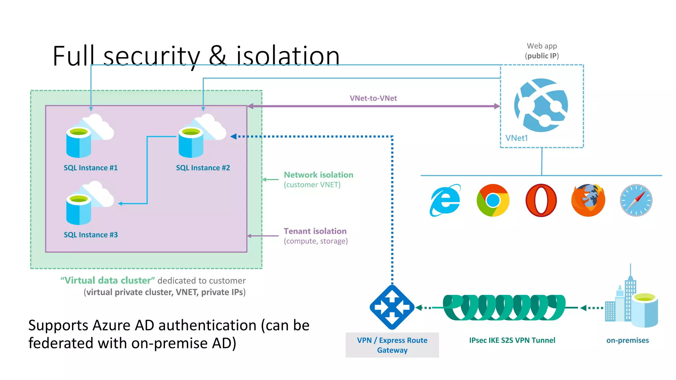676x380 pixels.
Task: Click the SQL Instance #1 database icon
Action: [90, 136]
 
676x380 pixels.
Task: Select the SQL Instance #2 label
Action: [203, 168]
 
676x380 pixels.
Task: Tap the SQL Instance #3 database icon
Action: [90, 203]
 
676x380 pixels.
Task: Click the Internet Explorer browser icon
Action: [445, 200]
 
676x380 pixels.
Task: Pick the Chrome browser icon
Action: [493, 200]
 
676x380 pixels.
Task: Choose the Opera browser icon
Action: [541, 200]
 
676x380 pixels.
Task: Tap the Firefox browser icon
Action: [588, 200]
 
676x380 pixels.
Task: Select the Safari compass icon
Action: [636, 200]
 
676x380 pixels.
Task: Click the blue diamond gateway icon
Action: [392, 307]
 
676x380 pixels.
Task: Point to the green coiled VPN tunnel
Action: [504, 307]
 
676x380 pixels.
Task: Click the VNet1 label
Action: [517, 138]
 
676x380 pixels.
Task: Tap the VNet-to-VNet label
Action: [373, 98]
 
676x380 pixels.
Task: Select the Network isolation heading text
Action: [319, 175]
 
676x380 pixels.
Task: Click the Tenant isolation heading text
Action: [315, 231]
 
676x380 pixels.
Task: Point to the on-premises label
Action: [627, 340]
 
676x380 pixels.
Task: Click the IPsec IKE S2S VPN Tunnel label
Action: [512, 340]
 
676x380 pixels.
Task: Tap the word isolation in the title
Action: [288, 56]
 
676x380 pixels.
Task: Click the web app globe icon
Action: [541, 105]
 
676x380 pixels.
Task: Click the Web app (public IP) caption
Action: [542, 51]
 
